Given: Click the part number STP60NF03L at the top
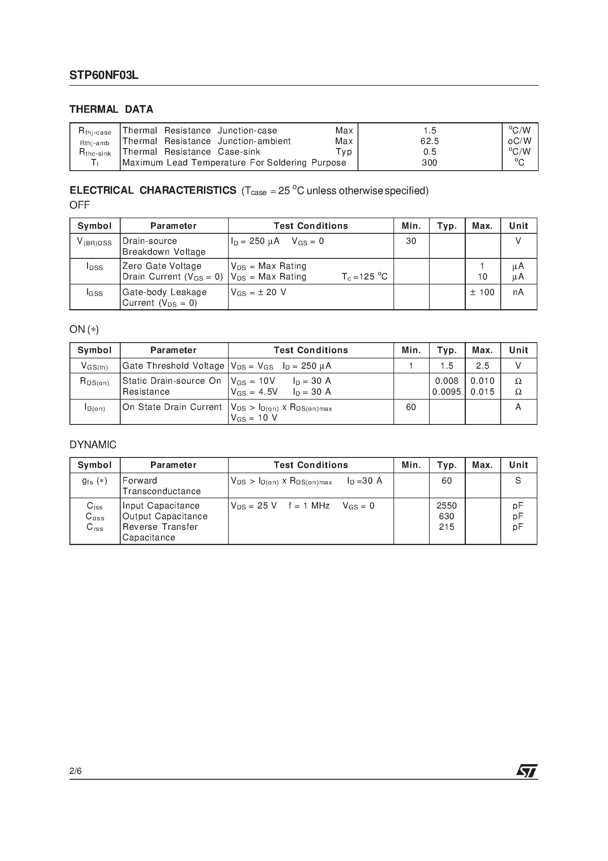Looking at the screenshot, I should (104, 75).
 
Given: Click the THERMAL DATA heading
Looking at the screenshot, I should (111, 110).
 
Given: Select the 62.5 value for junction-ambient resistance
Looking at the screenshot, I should (430, 141).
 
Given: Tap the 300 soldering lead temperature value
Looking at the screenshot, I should (430, 163).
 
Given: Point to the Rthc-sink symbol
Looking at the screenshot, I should (95, 152).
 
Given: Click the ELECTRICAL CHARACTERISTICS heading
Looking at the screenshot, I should (153, 191).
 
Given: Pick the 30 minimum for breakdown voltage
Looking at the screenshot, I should (411, 241).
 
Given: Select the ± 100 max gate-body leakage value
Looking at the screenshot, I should (482, 292).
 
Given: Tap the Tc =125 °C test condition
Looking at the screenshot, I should (364, 277).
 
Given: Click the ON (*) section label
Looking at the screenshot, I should (84, 329).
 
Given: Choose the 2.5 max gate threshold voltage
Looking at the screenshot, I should (482, 366).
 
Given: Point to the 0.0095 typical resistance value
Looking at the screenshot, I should (446, 392).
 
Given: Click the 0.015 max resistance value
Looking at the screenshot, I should (482, 392).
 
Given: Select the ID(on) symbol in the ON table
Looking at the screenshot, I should (95, 408).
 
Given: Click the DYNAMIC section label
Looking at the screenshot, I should (93, 445).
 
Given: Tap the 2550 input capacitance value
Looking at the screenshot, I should (446, 506).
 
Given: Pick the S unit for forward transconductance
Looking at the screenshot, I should (518, 481).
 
